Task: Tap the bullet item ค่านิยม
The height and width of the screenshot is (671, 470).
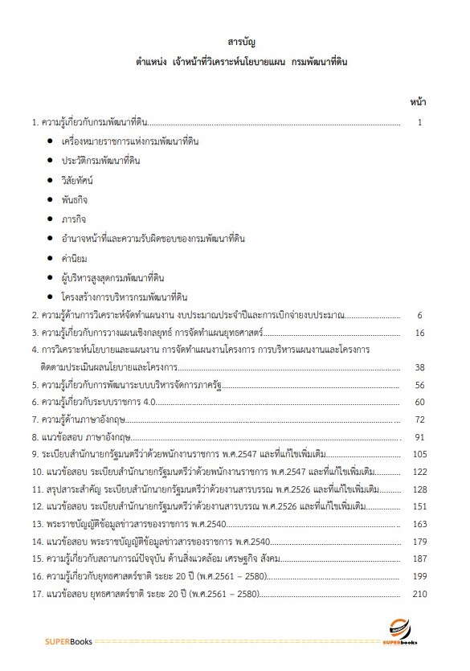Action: [74, 258]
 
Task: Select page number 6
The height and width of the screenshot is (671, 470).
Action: [419, 316]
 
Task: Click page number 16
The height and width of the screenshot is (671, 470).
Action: [418, 333]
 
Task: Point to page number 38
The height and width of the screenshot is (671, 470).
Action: [418, 367]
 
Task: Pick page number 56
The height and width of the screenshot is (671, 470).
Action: [418, 385]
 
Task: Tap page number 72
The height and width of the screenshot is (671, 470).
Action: [418, 419]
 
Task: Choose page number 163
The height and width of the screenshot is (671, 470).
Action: [416, 525]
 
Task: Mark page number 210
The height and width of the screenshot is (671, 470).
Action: [416, 595]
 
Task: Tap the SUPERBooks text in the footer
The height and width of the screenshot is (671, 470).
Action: [68, 642]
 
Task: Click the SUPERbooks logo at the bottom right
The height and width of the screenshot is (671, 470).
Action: [399, 633]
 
